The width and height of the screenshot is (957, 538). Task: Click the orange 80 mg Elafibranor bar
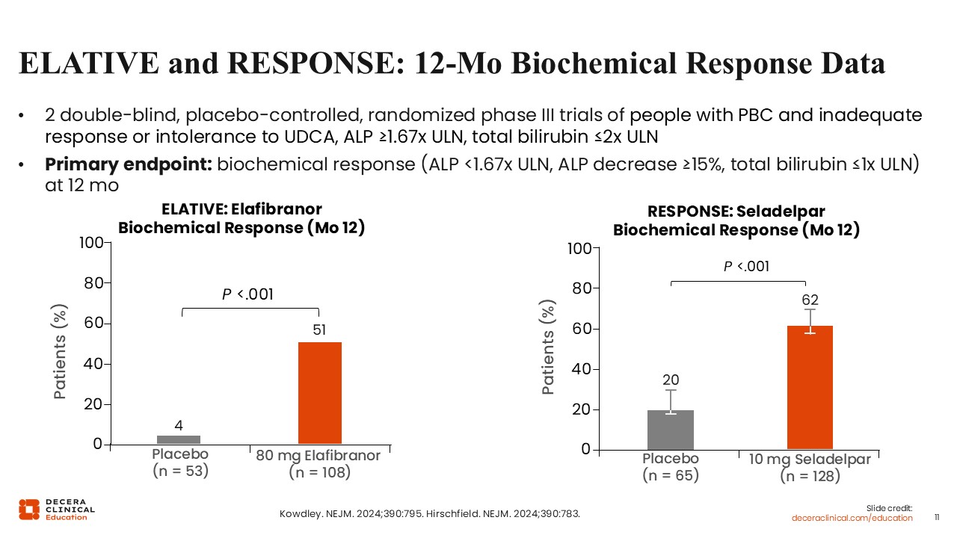point(320,393)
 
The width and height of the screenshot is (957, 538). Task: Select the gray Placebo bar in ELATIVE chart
point(178,439)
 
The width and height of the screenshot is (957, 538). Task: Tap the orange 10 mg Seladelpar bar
point(810,387)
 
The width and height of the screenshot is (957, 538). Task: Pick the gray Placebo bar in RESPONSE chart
point(670,430)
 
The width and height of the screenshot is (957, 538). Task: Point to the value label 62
point(810,300)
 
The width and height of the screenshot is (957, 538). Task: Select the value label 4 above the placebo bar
point(179,426)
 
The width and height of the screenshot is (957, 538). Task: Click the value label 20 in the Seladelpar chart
point(671,380)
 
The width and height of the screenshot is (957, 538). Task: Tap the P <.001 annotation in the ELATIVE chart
point(248,295)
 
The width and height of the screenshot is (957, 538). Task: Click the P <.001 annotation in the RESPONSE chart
point(746,267)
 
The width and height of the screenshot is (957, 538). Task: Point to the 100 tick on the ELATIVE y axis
point(92,243)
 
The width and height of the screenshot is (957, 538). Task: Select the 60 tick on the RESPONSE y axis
point(581,329)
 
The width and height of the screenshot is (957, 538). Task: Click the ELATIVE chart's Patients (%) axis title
point(62,350)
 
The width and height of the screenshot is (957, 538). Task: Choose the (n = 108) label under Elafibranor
point(319,472)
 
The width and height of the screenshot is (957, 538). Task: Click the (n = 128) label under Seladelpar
point(810,476)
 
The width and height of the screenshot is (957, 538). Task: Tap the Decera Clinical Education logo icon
point(29,510)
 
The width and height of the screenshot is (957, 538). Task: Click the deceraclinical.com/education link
point(852,518)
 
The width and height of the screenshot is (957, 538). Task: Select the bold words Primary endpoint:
point(129,165)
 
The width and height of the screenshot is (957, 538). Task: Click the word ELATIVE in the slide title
point(88,64)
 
